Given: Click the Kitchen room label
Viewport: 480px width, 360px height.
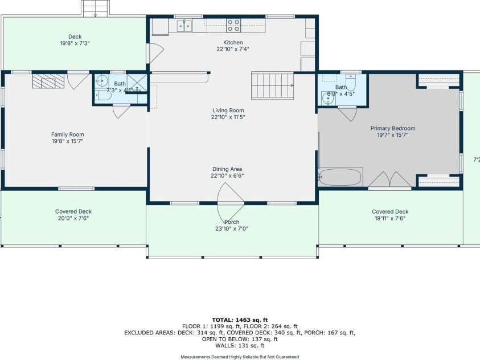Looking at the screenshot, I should pos(233,43).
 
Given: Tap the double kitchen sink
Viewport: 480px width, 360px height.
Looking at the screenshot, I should pos(184,25).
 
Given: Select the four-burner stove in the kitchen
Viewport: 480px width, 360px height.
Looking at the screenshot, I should pos(233,25).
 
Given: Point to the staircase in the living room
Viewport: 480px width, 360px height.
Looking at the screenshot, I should pos(272,85).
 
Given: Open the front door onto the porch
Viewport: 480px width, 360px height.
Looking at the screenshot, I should pos(231,197).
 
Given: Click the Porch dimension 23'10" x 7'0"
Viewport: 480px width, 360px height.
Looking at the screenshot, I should pos(232,229).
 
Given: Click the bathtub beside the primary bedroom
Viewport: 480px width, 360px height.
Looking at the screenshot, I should pos(340,177).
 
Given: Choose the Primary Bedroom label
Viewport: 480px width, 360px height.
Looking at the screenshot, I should pos(392,129).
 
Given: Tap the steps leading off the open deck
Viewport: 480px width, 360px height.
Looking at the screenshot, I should pos(95,8).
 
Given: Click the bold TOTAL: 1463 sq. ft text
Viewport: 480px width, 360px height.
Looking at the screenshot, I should pos(239,320).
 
